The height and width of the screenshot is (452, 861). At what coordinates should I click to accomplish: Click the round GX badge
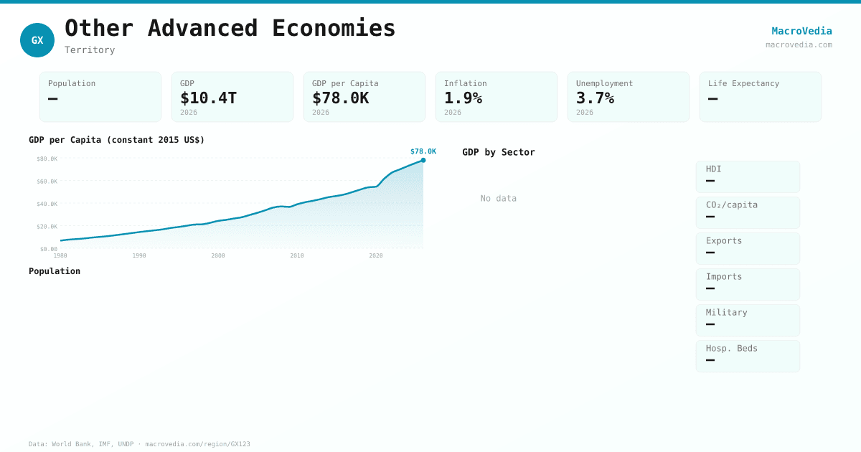coord(37,40)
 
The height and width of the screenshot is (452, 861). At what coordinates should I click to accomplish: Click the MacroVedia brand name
coord(801,31)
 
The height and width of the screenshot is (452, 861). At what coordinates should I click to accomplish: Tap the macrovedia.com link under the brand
coord(799,44)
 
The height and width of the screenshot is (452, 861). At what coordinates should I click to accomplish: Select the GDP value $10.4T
coord(208,98)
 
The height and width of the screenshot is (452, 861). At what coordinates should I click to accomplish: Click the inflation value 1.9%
coord(463,98)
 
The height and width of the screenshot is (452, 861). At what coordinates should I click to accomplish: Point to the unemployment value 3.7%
coord(595,98)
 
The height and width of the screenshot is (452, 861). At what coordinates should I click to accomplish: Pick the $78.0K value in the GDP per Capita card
coord(340,98)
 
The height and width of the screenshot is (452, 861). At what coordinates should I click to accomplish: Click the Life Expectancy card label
coord(743,83)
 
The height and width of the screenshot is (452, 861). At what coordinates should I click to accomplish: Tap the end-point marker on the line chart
coord(423,160)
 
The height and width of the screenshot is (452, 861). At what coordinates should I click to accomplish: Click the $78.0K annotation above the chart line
coord(423,151)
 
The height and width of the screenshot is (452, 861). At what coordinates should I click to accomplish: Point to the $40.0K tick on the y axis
coord(47,204)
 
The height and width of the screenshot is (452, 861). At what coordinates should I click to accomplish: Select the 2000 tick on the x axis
coord(218,255)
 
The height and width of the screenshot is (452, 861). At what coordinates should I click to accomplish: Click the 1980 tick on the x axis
coord(60,255)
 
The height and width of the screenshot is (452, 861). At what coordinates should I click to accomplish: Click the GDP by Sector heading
coord(498,152)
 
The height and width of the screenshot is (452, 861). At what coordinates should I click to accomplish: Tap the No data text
coord(498,198)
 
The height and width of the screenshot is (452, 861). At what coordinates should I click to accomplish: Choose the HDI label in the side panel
coord(713,169)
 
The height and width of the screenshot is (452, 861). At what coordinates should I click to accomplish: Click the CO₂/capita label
coord(731,204)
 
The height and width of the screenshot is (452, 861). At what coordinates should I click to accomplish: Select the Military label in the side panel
coord(726,312)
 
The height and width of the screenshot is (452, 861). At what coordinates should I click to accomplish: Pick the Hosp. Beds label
coord(731,348)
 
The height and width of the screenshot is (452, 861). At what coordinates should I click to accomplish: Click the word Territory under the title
coord(90,50)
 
